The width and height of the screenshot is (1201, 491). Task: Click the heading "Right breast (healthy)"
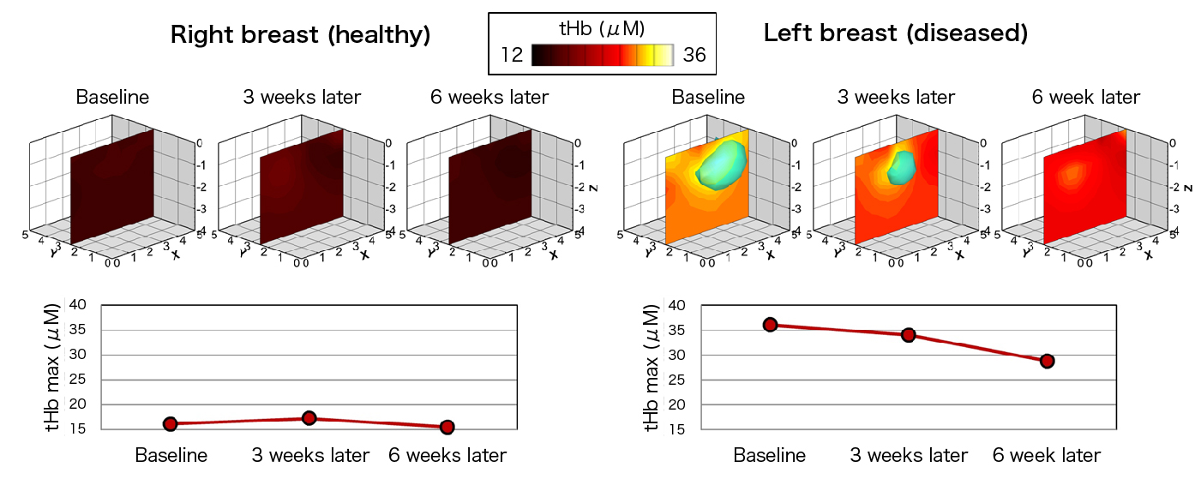[300, 35]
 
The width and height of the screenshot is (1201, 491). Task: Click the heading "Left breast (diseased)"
[895, 34]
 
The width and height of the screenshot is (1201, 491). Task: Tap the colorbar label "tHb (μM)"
[602, 29]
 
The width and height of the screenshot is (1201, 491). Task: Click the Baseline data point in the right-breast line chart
[171, 423]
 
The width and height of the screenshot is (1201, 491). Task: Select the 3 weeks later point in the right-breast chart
[309, 418]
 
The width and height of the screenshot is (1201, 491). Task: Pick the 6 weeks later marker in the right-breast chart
[447, 427]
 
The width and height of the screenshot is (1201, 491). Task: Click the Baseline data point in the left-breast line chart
[770, 325]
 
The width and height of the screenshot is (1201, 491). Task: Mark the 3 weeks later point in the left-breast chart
[908, 334]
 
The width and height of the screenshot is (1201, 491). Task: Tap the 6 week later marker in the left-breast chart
[1047, 361]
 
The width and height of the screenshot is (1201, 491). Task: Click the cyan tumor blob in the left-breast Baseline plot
[721, 165]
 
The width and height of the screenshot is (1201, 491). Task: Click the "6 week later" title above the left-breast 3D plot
[1086, 97]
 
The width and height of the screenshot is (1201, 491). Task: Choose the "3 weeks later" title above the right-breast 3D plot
[301, 97]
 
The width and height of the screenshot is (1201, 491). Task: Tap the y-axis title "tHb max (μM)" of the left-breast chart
[652, 367]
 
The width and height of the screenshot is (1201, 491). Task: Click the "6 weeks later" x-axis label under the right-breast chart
[447, 455]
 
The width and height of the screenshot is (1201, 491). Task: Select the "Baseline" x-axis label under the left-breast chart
[770, 455]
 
